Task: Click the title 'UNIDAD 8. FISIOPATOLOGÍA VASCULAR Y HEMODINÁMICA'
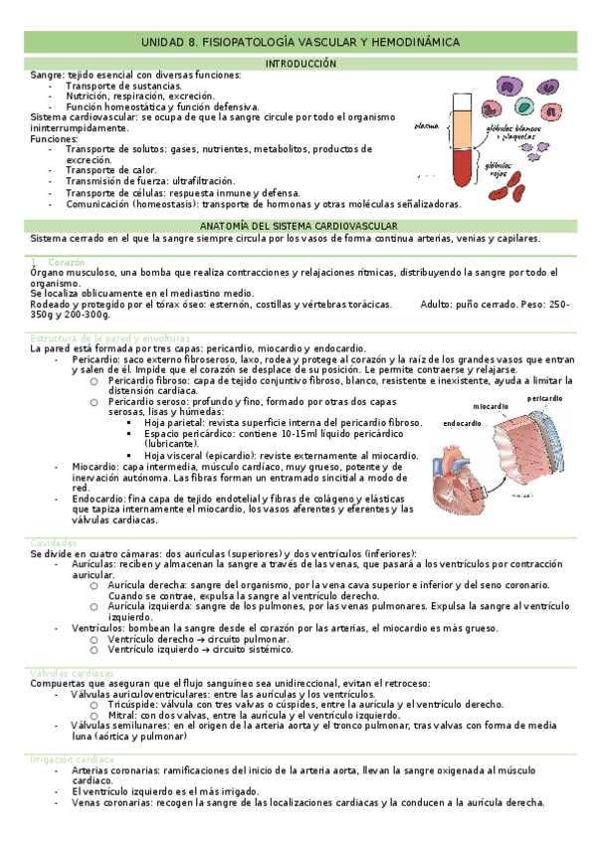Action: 299,43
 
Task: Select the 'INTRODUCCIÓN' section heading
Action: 299,64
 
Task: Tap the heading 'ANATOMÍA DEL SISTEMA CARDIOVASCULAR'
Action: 299,227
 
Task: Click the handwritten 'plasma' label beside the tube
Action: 427,126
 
